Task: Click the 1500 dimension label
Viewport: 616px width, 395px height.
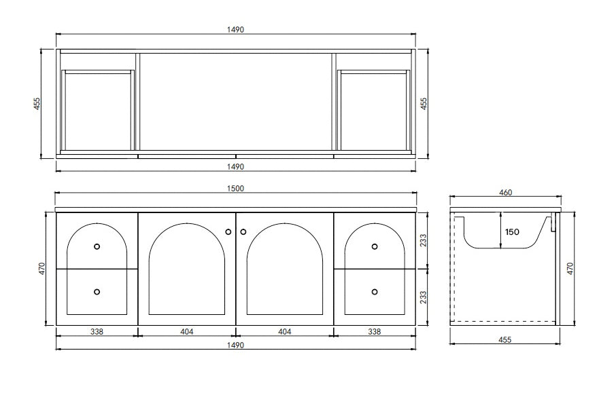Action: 235,188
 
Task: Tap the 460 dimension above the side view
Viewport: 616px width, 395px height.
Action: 505,192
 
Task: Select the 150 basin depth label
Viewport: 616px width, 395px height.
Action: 511,231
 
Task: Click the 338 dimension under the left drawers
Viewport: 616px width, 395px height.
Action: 97,331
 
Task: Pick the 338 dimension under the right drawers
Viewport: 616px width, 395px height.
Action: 374,331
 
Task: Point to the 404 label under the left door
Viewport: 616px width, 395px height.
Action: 187,331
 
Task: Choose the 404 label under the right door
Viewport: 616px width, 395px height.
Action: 285,331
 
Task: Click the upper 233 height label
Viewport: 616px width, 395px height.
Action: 425,240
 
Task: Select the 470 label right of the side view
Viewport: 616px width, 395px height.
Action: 570,269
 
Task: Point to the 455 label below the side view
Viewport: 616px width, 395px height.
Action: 505,339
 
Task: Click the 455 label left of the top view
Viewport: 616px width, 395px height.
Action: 38,103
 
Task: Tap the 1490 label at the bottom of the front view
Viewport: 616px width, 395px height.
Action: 235,345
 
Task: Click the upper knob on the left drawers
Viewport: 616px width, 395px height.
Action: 97,246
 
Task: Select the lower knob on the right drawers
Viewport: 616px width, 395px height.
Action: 375,291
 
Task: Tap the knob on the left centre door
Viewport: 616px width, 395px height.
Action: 228,231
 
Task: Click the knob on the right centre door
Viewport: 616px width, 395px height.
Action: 243,231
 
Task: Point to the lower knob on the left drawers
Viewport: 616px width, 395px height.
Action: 97,291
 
